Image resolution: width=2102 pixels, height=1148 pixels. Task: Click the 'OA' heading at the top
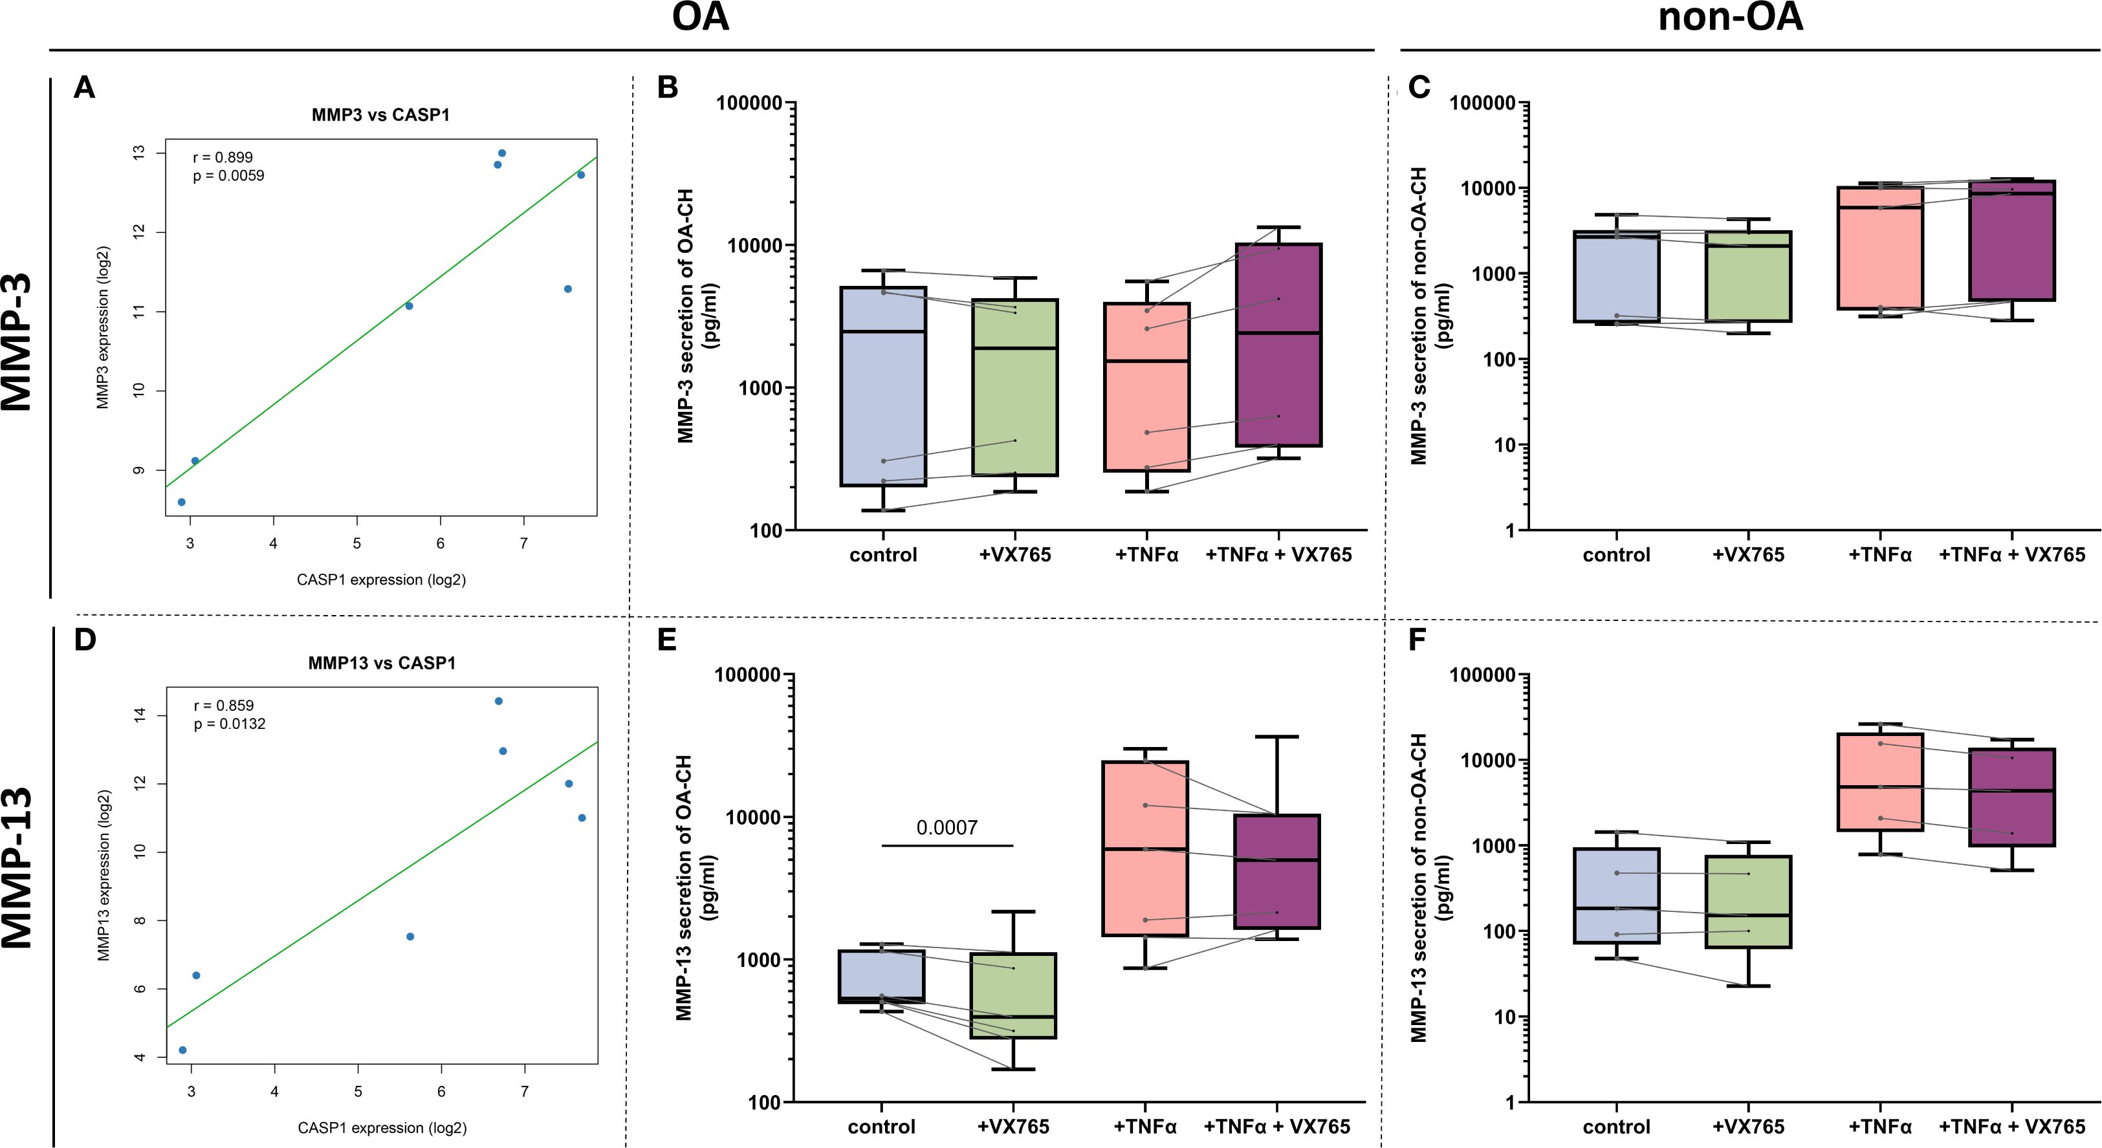point(700,18)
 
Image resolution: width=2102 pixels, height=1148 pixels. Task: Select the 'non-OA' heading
point(1730,18)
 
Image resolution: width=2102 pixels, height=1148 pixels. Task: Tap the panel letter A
point(84,87)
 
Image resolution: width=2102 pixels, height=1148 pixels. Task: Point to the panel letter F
point(1418,640)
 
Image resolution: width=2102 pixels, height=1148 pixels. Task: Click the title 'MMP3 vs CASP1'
point(380,115)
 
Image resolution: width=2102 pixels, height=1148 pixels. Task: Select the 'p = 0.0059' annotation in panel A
point(228,176)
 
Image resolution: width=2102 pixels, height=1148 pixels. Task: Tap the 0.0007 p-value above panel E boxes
point(947,828)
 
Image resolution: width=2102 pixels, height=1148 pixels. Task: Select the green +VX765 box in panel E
point(1013,995)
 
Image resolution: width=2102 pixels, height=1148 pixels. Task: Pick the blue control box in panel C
point(1617,277)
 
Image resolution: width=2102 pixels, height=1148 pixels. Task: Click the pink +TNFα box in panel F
point(1880,783)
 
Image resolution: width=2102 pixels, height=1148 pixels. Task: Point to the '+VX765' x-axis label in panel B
point(1014,556)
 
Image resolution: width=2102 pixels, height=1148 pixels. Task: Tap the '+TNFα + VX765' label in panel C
point(2011,556)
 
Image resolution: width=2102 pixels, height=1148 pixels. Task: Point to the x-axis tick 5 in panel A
point(356,543)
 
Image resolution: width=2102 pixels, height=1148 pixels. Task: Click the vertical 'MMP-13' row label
point(18,867)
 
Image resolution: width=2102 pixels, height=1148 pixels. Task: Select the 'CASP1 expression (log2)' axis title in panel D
point(382,1127)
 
